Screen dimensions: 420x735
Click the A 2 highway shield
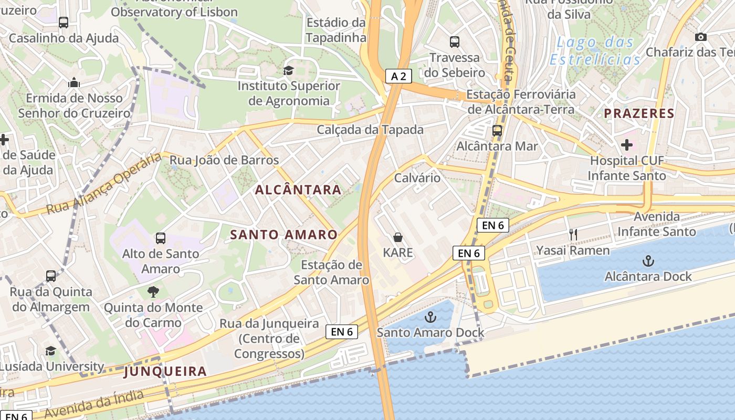(398, 76)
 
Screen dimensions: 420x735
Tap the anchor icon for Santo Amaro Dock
(430, 317)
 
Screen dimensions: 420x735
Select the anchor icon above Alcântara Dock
(648, 261)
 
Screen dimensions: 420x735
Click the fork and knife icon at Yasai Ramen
(573, 235)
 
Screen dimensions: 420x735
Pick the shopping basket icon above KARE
(398, 237)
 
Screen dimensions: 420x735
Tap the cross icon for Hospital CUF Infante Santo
(626, 144)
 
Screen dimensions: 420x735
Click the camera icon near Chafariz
(700, 37)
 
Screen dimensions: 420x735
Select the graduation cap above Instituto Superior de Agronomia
(288, 70)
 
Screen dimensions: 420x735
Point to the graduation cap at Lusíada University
(50, 351)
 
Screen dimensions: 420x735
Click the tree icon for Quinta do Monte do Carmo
(153, 291)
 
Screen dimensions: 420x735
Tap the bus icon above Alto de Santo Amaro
(161, 238)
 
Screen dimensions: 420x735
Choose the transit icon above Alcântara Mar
(497, 131)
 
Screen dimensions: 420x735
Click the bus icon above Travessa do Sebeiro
(455, 41)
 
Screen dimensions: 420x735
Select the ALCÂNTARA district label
(298, 190)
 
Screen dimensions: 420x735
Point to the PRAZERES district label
(638, 113)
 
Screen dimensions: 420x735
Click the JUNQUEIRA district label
(165, 372)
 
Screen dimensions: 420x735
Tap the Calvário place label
(417, 177)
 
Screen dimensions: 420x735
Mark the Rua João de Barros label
(224, 160)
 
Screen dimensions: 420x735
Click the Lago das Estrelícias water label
(595, 51)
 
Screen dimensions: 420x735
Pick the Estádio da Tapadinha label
(335, 30)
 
